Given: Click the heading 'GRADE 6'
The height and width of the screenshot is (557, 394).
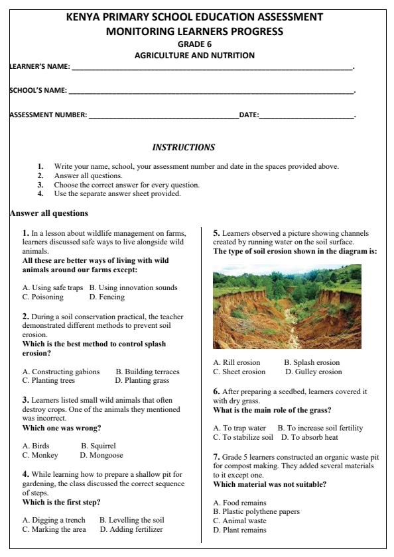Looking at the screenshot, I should coord(194,44).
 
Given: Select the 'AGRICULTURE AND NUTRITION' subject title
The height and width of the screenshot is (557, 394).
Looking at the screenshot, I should coord(194,56).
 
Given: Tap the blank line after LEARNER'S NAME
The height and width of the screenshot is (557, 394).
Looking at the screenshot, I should coord(212,68).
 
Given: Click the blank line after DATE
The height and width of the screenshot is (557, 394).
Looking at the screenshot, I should coord(307,116).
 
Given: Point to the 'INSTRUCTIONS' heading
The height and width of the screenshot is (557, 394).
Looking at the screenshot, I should coord(184,147).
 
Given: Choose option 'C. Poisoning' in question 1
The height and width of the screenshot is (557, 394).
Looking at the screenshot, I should coord(43,297).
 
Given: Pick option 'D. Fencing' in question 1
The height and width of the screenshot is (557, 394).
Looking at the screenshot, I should coord(107,297).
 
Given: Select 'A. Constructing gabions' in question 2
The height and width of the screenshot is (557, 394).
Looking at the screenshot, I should coord(61,372).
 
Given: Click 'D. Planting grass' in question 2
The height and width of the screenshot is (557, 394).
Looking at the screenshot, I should coord(142,380).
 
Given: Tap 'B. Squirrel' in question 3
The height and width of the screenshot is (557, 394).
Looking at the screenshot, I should coord(98,446).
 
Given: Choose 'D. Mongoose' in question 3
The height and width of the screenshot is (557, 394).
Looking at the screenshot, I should coord(101,455).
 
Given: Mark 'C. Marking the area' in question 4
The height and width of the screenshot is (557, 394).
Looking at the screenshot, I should coord(54,529).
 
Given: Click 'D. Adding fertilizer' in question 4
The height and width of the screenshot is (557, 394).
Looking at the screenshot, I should coord(131,529).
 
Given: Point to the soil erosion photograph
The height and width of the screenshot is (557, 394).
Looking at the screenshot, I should coord(287,307).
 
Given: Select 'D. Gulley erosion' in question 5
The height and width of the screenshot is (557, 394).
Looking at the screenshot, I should coord(314,372).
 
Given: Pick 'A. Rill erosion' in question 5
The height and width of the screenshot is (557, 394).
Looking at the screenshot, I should coord(237,362).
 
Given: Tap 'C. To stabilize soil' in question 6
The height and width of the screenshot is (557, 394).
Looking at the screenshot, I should coord(243,437).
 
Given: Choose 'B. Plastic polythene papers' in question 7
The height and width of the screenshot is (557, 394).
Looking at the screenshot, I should coord(256,511).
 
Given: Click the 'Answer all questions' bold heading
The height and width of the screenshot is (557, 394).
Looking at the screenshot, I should coord(48,213).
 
